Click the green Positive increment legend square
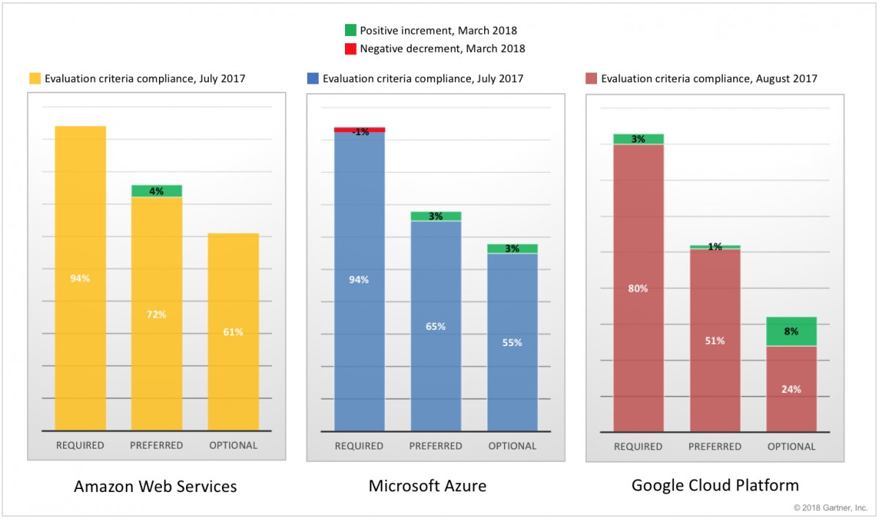pyautogui.click(x=350, y=30)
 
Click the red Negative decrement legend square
pyautogui.click(x=350, y=48)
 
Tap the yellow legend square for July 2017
pyautogui.click(x=34, y=78)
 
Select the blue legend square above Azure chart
pyautogui.click(x=313, y=78)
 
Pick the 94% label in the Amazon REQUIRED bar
pyautogui.click(x=80, y=279)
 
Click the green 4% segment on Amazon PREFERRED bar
pyautogui.click(x=157, y=191)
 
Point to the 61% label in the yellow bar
pyautogui.click(x=233, y=332)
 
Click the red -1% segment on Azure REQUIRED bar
pyautogui.click(x=360, y=130)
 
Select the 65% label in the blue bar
pyautogui.click(x=436, y=326)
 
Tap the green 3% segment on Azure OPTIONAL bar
pyautogui.click(x=512, y=249)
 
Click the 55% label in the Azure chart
pyautogui.click(x=512, y=342)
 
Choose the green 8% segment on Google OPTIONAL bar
pyautogui.click(x=791, y=331)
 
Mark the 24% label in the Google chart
pyautogui.click(x=791, y=389)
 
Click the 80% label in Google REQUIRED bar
pyautogui.click(x=638, y=289)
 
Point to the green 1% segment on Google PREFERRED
pyautogui.click(x=715, y=247)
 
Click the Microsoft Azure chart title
pyautogui.click(x=428, y=486)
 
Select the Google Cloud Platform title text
pyautogui.click(x=715, y=485)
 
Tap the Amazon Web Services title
pyautogui.click(x=155, y=487)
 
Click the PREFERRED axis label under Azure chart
pyautogui.click(x=436, y=446)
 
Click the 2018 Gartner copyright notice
pyautogui.click(x=831, y=507)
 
